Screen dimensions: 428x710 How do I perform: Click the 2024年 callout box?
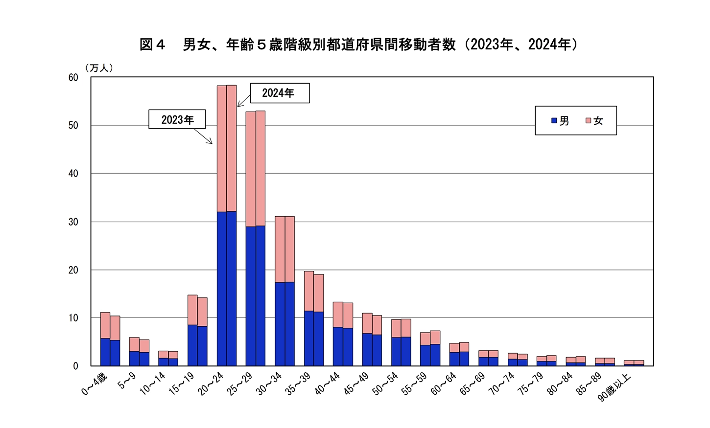[x=280, y=93]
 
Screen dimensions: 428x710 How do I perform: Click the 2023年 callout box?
[x=177, y=119]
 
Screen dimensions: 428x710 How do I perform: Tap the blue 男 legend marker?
[x=554, y=120]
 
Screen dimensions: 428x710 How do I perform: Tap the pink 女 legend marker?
[x=588, y=120]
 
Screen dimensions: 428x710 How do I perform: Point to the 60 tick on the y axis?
[x=73, y=77]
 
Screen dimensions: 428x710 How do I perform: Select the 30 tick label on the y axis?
[x=73, y=222]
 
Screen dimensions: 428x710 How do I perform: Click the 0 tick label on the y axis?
[x=75, y=366]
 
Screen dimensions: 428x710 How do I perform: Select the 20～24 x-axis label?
[x=211, y=383]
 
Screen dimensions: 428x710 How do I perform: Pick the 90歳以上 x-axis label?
[x=615, y=388]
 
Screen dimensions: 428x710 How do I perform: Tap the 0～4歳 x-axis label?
[x=95, y=384]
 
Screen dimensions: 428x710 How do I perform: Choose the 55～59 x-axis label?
[x=414, y=383]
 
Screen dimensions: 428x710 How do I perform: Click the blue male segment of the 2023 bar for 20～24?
[x=222, y=289]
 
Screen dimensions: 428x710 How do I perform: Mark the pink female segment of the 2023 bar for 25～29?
[x=251, y=169]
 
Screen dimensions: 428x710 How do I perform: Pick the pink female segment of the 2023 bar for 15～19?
[x=192, y=310]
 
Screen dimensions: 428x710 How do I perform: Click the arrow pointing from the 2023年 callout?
[x=203, y=136]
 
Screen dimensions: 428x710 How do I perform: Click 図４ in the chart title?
[x=152, y=45]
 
